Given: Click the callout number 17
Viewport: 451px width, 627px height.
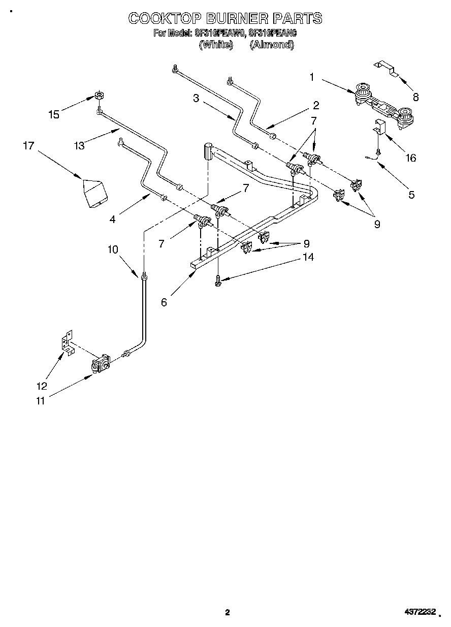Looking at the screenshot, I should click(28, 146).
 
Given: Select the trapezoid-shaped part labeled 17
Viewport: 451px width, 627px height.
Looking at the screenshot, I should click(94, 194).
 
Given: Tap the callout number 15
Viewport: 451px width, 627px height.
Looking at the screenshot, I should click(54, 114).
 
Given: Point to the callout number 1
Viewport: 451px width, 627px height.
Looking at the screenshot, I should click(312, 77).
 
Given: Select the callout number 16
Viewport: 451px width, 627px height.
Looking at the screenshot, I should click(410, 158).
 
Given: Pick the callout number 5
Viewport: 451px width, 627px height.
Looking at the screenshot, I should click(411, 194).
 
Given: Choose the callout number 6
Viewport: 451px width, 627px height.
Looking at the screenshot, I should click(164, 302).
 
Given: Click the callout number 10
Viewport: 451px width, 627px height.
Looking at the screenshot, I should click(112, 249).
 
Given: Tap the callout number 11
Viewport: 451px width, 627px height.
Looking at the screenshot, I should click(40, 401).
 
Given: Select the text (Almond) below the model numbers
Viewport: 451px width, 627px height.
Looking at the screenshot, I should click(272, 45).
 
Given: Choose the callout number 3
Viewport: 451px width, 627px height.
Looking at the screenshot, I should click(196, 99).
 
